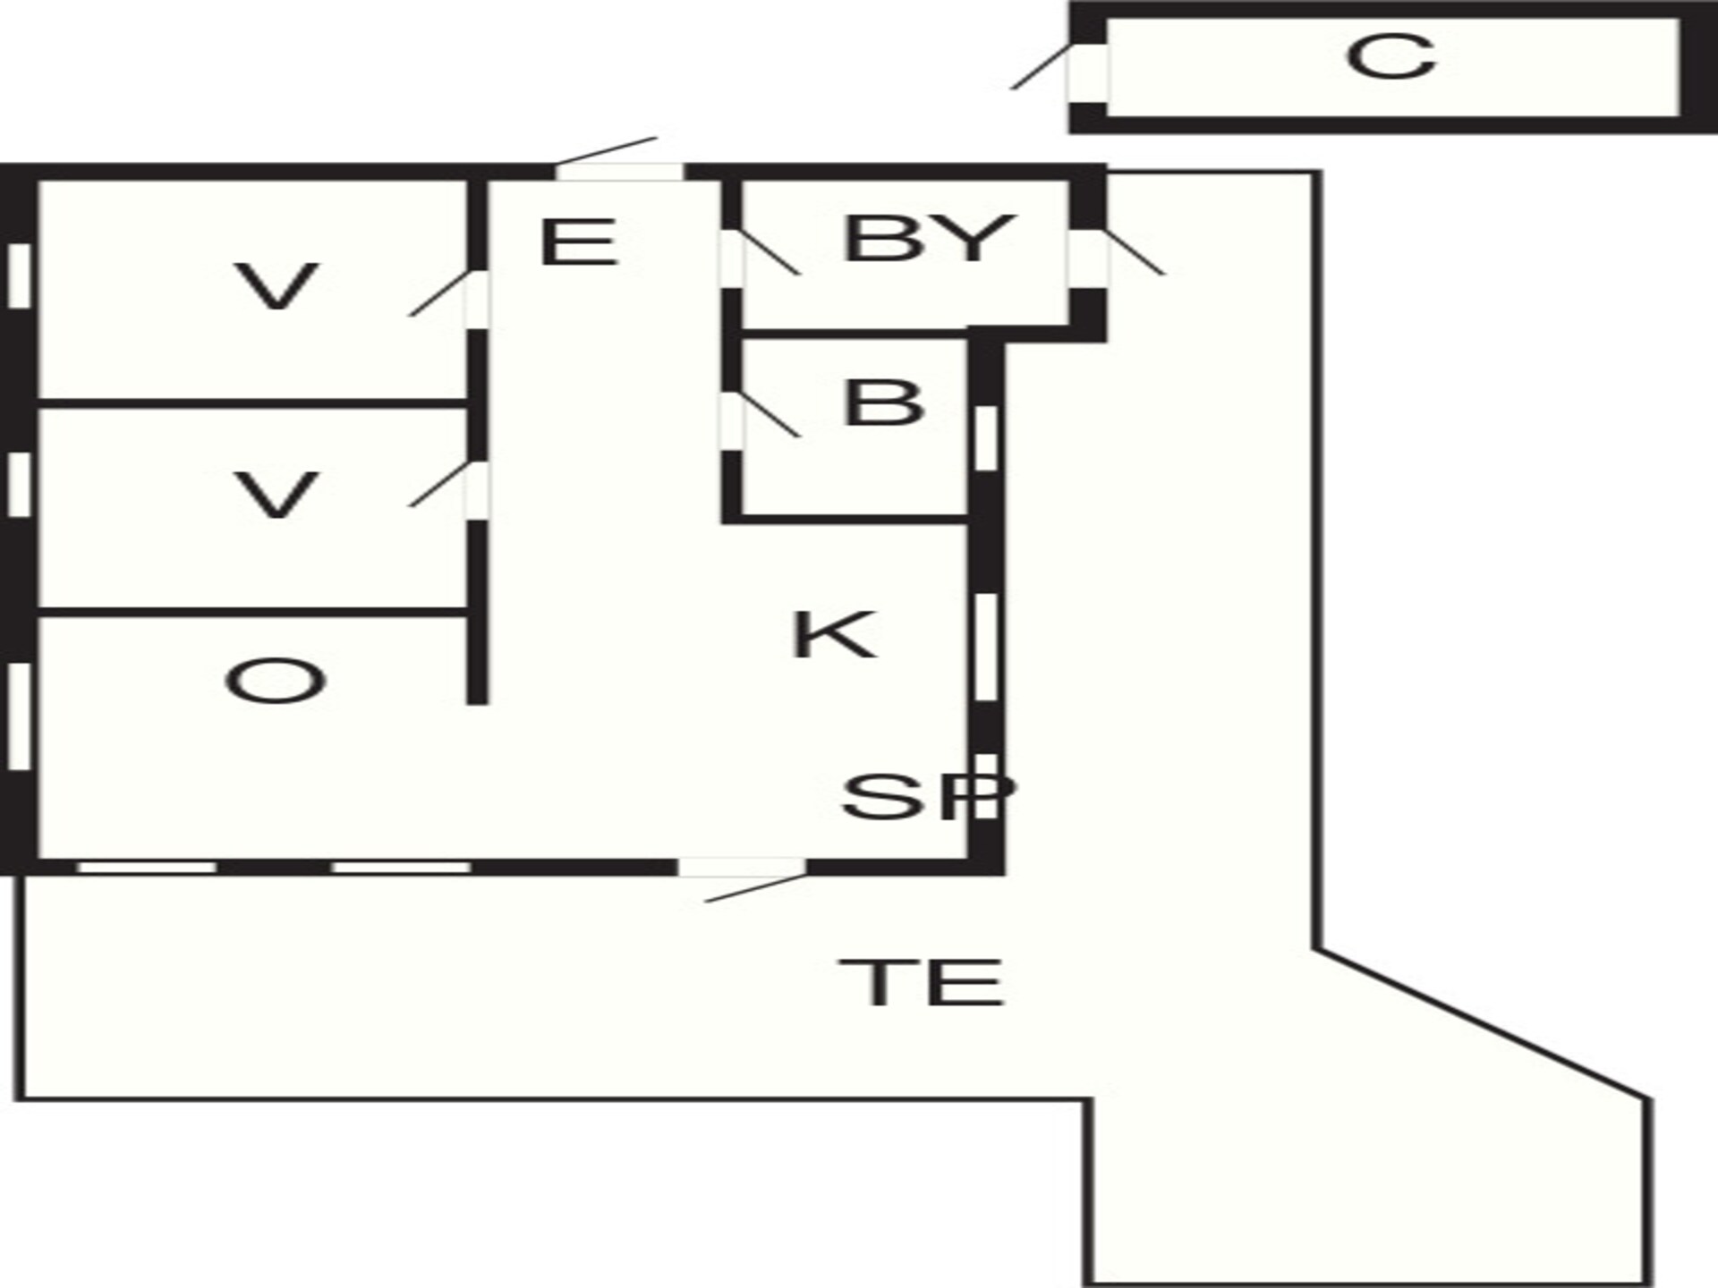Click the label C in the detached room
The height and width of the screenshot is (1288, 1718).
pos(1391,57)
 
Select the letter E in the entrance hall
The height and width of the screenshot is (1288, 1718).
pos(579,242)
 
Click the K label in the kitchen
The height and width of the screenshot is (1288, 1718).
pos(834,635)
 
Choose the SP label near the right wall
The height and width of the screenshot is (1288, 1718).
pos(929,797)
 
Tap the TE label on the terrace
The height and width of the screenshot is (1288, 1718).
pos(921,982)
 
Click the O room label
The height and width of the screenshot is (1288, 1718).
pos(275,681)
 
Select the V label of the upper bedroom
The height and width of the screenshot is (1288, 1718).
pos(276,286)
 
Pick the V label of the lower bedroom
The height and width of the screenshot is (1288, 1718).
pos(276,496)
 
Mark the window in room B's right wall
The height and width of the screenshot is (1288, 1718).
pos(984,437)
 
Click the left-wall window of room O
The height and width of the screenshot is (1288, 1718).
pos(20,716)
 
